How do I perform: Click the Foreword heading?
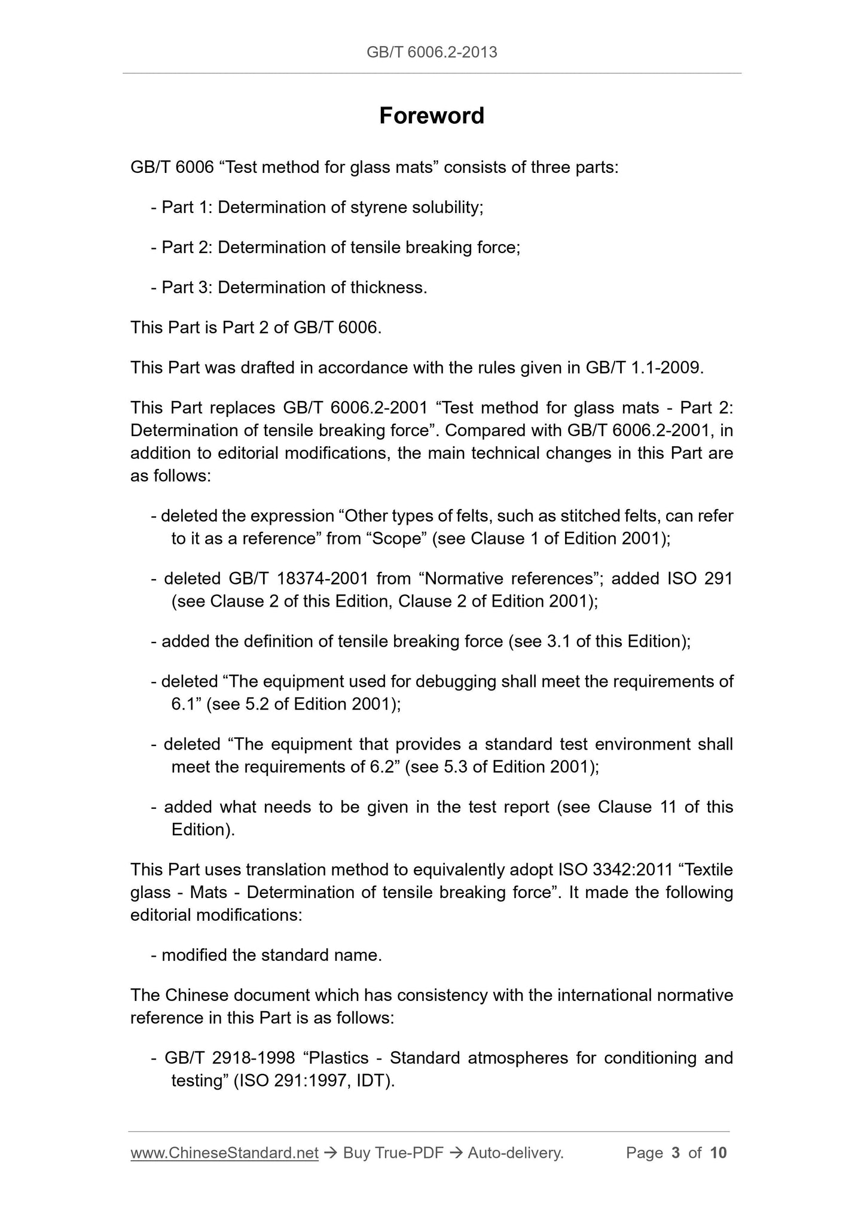click(x=431, y=115)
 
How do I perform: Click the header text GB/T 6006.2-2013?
click(x=431, y=53)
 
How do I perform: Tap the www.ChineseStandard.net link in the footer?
click(x=224, y=1152)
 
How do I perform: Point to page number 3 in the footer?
click(x=676, y=1152)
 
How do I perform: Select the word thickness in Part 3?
click(x=388, y=288)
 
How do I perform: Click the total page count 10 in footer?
click(x=719, y=1152)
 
